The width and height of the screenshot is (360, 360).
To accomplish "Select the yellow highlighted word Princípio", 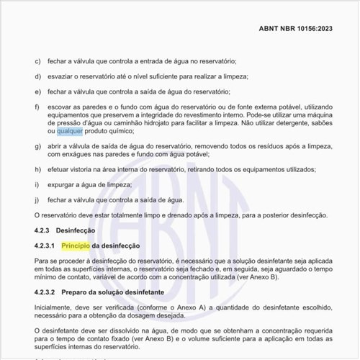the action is pos(75,246).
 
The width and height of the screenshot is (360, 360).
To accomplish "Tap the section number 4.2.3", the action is pos(45,230).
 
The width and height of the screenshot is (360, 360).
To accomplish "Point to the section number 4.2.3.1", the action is pos(47,246).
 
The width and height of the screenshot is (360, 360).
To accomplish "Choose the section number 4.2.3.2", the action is pos(47,292).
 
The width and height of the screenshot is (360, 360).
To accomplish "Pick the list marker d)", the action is pos(37,77).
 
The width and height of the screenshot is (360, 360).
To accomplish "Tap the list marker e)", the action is pos(37,92).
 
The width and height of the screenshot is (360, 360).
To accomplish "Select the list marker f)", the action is pos(37,107).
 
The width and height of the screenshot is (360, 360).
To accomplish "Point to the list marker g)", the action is pos(37,146).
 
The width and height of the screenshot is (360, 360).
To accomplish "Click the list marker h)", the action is pos(37,170).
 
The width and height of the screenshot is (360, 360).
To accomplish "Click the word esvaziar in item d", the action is pos(61,77).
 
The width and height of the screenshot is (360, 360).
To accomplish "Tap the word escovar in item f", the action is pos(61,107).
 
